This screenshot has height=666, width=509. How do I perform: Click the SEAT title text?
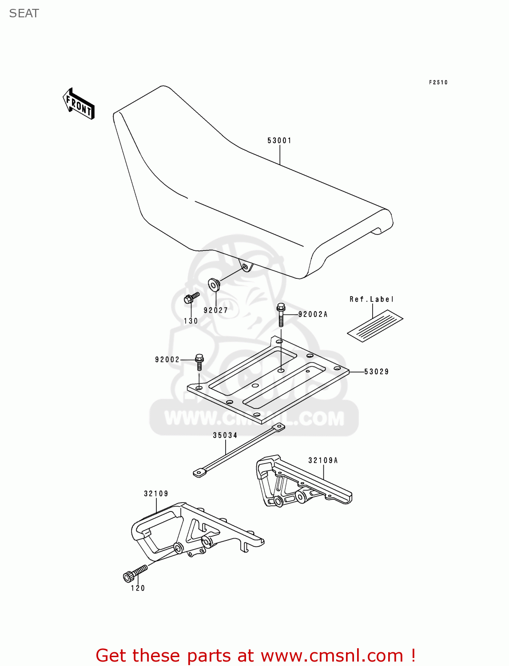(x=24, y=14)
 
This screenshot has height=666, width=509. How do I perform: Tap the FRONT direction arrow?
(x=79, y=104)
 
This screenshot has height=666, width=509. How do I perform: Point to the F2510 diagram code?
(x=438, y=83)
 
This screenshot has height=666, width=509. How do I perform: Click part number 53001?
(x=279, y=141)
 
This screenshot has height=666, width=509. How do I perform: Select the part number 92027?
(x=216, y=310)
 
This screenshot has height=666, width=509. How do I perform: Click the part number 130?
(x=191, y=321)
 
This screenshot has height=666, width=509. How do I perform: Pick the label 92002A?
(x=313, y=314)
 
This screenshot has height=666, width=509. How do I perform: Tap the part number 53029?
(x=376, y=372)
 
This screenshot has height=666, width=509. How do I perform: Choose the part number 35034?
(x=225, y=435)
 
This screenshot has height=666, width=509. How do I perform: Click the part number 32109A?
(x=323, y=460)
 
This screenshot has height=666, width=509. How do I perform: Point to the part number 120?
(x=138, y=588)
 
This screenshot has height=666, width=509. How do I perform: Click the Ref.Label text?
(x=371, y=299)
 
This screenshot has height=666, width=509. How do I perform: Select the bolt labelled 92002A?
(x=281, y=314)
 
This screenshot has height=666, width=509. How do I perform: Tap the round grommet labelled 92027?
(x=214, y=284)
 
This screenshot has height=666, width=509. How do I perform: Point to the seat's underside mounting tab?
(x=245, y=267)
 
